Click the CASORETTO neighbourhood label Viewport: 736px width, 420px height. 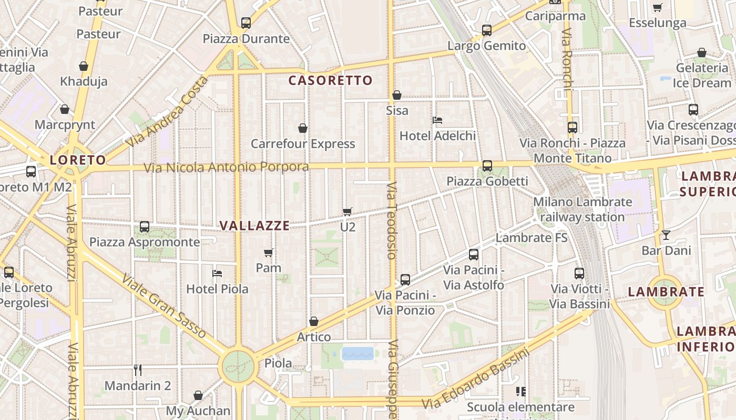(331, 80)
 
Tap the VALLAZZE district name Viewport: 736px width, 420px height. (254, 226)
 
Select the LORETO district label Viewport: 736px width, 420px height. (78, 160)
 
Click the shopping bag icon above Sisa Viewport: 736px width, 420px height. (397, 95)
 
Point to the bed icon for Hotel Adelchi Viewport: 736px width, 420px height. (437, 120)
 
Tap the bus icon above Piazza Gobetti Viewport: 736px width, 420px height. (487, 166)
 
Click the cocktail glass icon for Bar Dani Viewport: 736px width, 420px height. (666, 235)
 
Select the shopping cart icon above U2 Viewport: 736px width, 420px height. (347, 212)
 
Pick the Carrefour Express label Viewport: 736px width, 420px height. (303, 144)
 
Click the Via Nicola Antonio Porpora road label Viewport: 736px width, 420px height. (227, 167)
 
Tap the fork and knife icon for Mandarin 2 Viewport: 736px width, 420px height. (138, 370)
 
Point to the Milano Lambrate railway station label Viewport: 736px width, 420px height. (582, 209)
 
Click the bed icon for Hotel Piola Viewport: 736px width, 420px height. (217, 274)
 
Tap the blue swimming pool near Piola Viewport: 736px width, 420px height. (357, 353)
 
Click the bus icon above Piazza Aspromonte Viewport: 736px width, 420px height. (145, 227)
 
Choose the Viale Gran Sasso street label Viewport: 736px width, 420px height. (163, 305)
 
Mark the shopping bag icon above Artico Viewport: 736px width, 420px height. (314, 321)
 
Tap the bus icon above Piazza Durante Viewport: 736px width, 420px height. (246, 23)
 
